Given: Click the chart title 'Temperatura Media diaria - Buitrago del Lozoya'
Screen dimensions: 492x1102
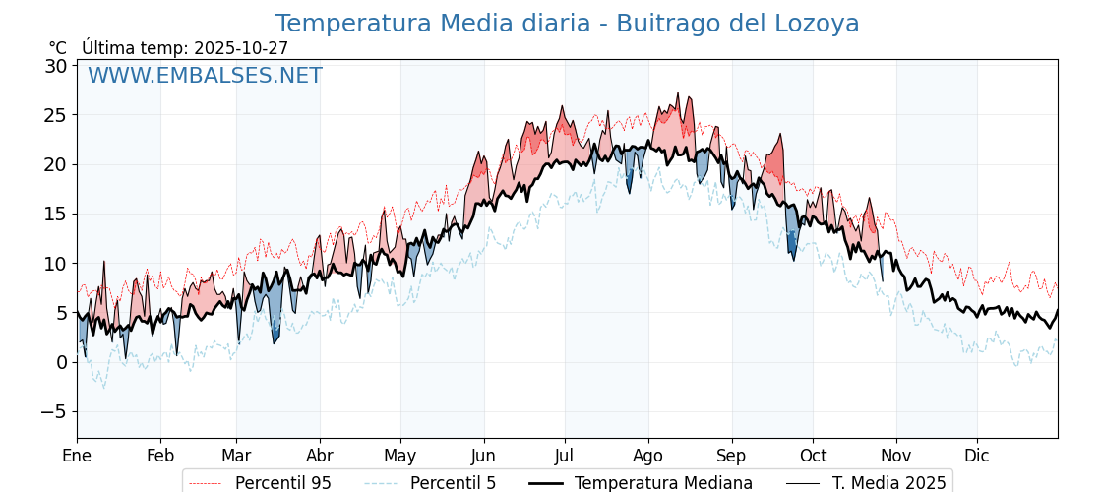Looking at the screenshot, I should pos(567,24).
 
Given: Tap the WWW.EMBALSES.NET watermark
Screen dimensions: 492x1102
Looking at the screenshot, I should pos(205,76).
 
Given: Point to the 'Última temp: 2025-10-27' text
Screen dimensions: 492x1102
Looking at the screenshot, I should pos(185,48).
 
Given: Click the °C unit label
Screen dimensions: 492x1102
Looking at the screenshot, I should pos(58,48).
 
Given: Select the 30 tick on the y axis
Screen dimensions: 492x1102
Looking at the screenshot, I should pos(55,66).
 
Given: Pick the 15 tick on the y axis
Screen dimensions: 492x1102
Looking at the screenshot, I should pos(55,214).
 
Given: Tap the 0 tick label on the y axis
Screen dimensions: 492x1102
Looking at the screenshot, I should pos(61,362).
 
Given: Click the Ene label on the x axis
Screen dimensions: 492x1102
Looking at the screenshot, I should pos(77,456).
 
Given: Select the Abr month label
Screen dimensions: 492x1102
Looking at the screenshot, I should pos(320,456).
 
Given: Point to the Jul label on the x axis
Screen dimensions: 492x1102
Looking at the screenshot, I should pos(565,456).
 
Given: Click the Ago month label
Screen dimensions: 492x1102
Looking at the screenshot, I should pos(648,456).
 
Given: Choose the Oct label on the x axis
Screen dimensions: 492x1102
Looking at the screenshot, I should pos(813,456).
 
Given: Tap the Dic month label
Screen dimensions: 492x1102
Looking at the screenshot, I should pos(977,456).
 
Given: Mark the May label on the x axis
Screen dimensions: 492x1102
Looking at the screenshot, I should pos(400,456).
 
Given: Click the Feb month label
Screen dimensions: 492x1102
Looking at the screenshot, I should pos(160,456).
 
